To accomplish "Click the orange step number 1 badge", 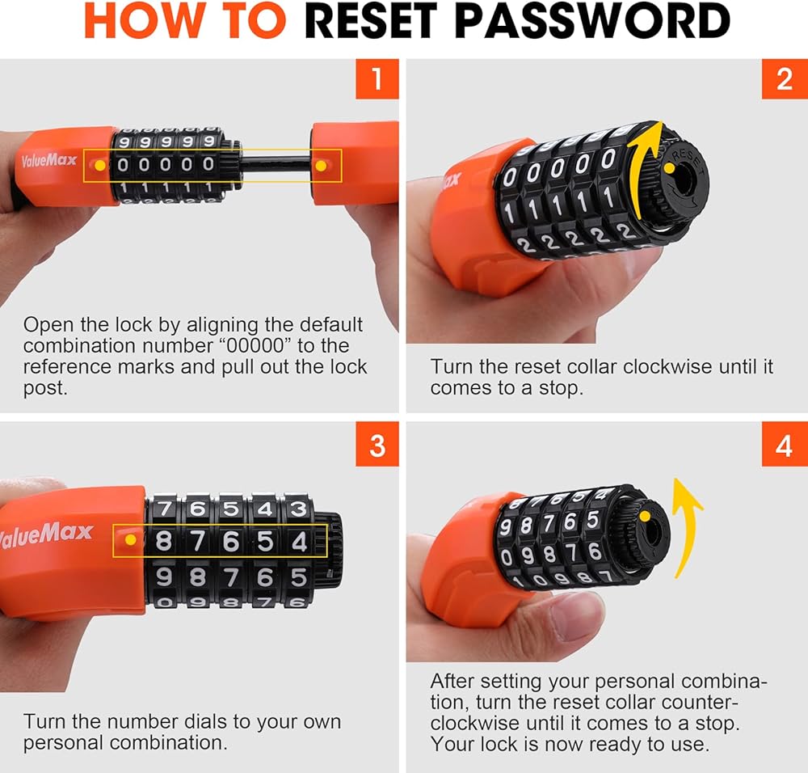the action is pyautogui.click(x=377, y=79).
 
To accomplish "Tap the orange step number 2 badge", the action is pyautogui.click(x=785, y=79).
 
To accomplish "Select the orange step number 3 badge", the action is pyautogui.click(x=377, y=445).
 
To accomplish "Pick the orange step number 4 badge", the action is pyautogui.click(x=785, y=445).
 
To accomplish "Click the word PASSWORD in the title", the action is pyautogui.click(x=591, y=21).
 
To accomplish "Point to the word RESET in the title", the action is pyautogui.click(x=371, y=21).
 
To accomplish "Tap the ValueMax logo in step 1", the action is pyautogui.click(x=49, y=160).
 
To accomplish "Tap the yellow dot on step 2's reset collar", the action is pyautogui.click(x=669, y=168).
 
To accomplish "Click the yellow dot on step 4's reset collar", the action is pyautogui.click(x=645, y=516).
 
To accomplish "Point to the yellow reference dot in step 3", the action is pyautogui.click(x=131, y=539).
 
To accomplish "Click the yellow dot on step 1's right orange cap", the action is pyautogui.click(x=321, y=166).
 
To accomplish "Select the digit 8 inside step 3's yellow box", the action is pyautogui.click(x=163, y=541).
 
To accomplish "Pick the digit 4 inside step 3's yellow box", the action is pyautogui.click(x=300, y=542).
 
